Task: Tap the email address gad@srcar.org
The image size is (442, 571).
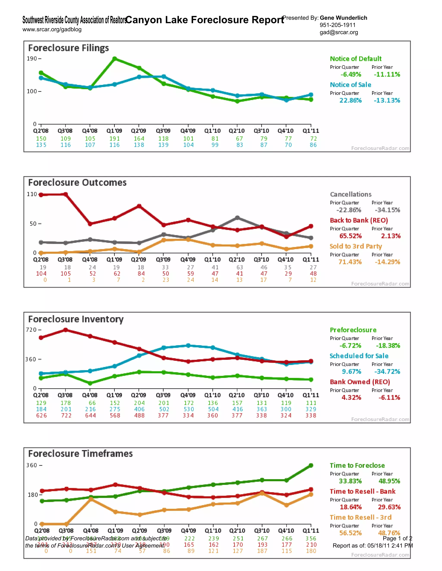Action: point(339,32)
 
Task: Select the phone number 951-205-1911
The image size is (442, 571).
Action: point(338,25)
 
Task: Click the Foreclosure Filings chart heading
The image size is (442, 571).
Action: point(68,48)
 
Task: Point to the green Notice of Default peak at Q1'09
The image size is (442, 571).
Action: point(114,59)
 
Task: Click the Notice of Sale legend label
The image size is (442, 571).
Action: point(350,85)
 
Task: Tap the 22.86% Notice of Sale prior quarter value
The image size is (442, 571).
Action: point(350,100)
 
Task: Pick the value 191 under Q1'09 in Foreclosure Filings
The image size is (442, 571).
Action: point(114,139)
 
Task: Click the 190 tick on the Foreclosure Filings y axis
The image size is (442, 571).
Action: point(32,59)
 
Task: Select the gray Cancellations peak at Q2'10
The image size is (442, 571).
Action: point(237,218)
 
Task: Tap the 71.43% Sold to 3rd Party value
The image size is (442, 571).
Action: point(350,262)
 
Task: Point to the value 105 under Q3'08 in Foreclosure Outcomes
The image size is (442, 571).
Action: point(66,273)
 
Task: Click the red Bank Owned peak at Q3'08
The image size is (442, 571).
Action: point(66,330)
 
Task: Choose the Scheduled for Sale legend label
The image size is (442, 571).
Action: point(359,356)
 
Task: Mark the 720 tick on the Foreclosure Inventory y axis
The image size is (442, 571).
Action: point(31,330)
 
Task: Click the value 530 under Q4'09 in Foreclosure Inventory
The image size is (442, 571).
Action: point(189,409)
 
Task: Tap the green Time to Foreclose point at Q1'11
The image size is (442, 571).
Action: point(311,465)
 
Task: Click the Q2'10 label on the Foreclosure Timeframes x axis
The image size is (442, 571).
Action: point(237,530)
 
